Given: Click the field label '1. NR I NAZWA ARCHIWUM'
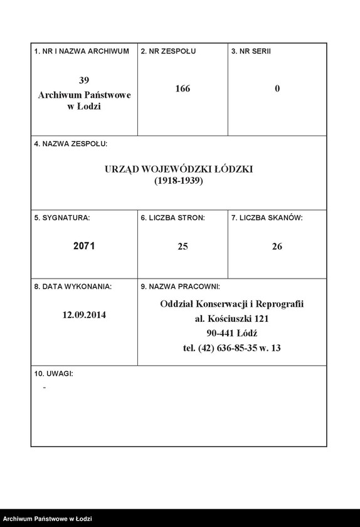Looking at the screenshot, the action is click(82, 51).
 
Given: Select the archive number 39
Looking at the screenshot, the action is click(84, 80).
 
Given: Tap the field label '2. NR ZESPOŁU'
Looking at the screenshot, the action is click(168, 51).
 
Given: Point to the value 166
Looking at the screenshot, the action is click(183, 89).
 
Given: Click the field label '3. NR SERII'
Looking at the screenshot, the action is click(251, 51).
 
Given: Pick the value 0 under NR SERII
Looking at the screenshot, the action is click(277, 89).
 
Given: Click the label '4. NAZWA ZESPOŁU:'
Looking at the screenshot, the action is click(71, 144).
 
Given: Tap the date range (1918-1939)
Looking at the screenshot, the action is click(179, 181).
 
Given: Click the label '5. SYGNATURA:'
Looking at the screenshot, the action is click(62, 218).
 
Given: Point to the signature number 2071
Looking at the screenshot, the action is click(84, 247).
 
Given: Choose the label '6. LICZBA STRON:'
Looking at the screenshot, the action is click(172, 218).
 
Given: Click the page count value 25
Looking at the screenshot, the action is click(183, 247).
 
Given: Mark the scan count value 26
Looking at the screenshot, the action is click(277, 247).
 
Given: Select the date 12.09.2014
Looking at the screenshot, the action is click(84, 315).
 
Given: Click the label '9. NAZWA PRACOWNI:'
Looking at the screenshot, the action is click(180, 286).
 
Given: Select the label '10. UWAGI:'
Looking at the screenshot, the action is click(54, 373).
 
